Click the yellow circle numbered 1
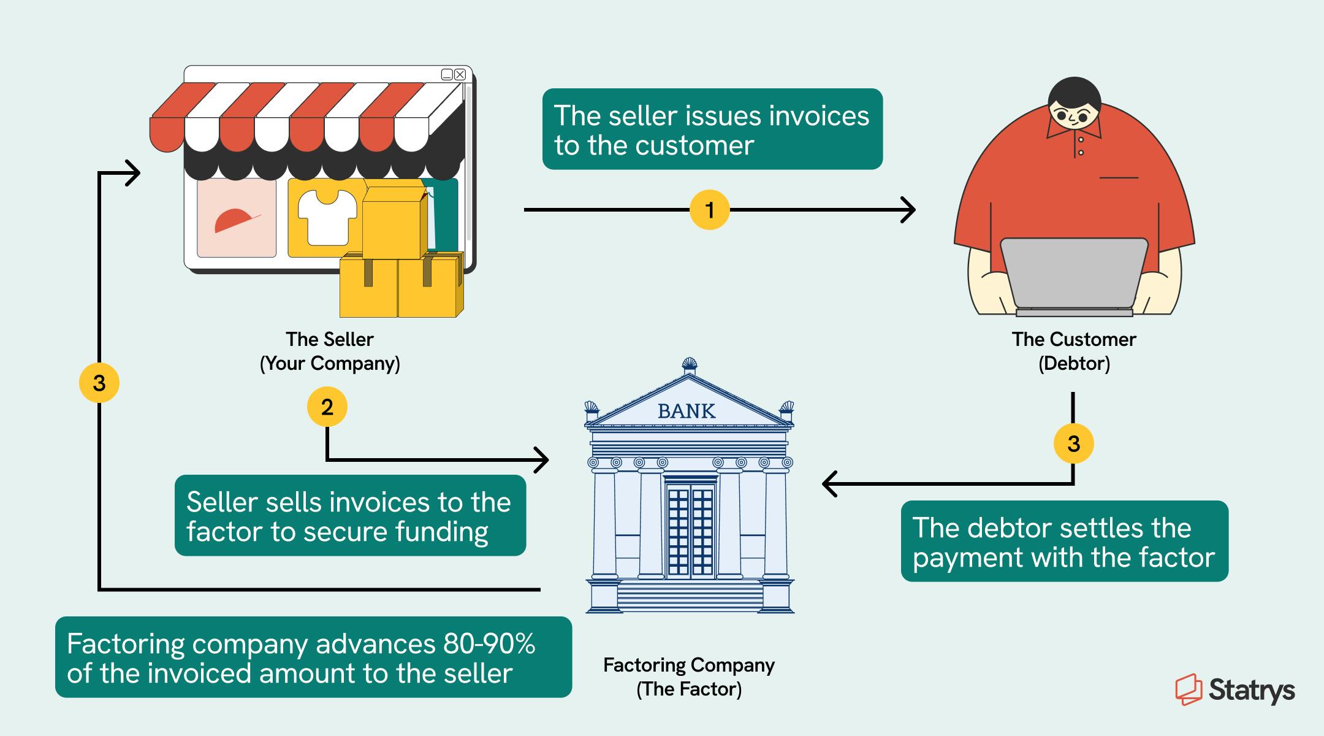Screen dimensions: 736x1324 point(709,210)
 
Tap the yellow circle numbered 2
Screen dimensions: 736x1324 point(327,407)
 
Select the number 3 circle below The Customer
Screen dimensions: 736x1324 point(1073,443)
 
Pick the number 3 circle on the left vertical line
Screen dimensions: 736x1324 point(99,383)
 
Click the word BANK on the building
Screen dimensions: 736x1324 point(687,411)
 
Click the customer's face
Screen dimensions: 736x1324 point(1073,116)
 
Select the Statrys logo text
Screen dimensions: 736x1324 point(1251,690)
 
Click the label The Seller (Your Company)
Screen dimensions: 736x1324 point(330,351)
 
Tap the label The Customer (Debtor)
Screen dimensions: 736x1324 point(1074,351)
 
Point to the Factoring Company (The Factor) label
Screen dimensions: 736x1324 point(689,677)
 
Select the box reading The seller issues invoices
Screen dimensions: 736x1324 point(712,129)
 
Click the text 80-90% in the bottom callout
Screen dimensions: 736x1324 point(488,644)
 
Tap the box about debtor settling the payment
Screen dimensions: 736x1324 point(1064,542)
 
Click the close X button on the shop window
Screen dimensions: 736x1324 point(460,75)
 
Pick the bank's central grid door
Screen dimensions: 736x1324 point(690,531)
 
